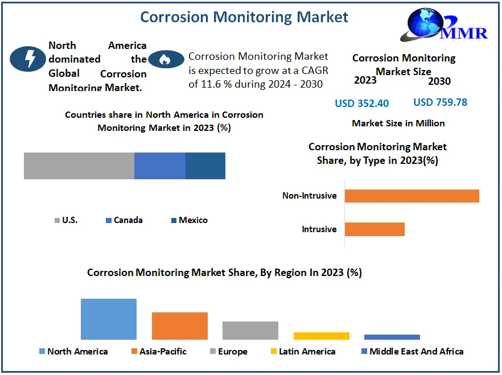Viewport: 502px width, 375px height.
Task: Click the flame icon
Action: (x=166, y=59)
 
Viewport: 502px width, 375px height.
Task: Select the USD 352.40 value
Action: (x=361, y=103)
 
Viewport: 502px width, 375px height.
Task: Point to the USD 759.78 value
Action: (x=440, y=102)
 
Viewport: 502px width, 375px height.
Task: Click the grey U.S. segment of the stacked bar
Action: (x=79, y=166)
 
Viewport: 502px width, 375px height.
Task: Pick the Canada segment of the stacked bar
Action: (x=160, y=166)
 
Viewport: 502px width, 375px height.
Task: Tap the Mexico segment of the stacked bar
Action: (x=205, y=166)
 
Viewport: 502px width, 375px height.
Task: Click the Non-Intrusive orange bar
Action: (x=412, y=196)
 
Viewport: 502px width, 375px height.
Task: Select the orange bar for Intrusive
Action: (x=375, y=229)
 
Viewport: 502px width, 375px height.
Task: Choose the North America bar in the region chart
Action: (x=109, y=319)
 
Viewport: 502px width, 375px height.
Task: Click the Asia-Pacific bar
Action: (x=180, y=326)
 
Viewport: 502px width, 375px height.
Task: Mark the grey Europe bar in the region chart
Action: (x=250, y=331)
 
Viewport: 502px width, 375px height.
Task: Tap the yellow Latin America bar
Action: (x=322, y=336)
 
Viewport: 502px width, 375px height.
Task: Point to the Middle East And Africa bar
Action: (x=392, y=337)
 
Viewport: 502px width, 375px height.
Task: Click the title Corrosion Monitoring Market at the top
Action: (x=244, y=17)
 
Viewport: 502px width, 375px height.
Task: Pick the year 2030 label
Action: (x=439, y=81)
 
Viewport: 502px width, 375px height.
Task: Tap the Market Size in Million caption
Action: (x=398, y=123)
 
